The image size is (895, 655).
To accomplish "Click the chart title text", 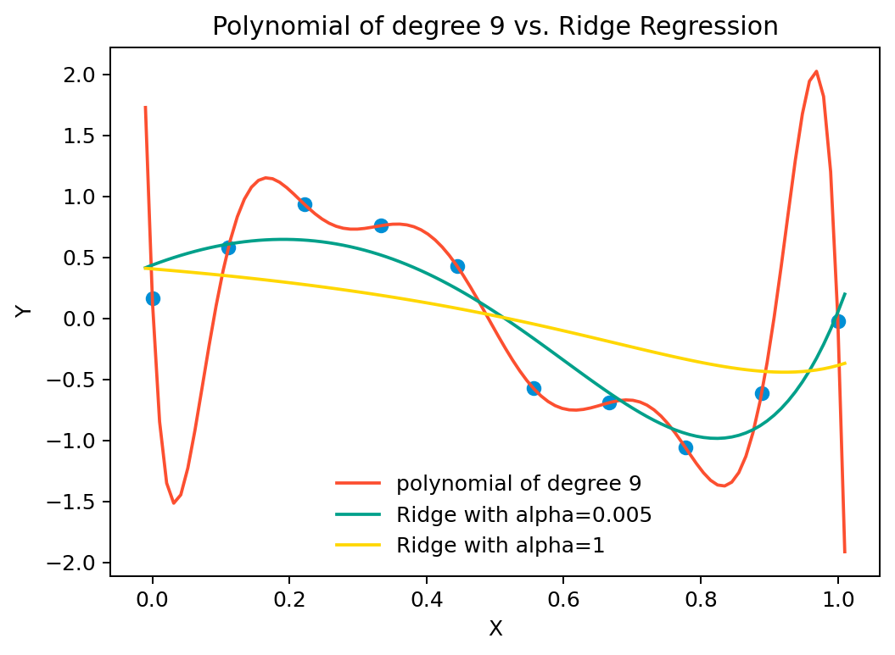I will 495,26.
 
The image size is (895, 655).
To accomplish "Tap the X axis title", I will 496,629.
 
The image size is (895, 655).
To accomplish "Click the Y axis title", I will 25,310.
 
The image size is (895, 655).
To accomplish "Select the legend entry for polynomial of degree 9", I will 518,484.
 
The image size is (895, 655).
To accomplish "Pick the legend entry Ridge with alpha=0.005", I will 523,514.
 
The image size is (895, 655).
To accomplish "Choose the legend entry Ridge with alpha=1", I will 500,545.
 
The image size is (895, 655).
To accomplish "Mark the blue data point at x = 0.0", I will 153,298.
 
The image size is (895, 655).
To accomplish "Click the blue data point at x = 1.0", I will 838,321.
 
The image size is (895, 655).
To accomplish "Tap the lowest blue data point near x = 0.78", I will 685,447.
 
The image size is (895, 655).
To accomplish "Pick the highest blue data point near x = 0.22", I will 305,204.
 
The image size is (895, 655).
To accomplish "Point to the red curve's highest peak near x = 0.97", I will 816,72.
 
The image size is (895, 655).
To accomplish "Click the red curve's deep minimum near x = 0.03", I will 174,502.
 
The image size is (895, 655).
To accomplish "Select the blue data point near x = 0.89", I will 762,393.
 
